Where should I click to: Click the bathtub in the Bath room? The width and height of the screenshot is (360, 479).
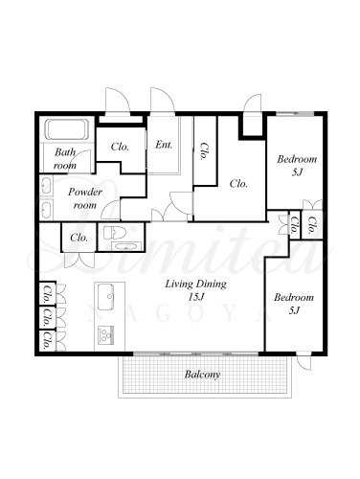[x=67, y=129]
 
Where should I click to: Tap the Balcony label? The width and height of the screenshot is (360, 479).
[x=202, y=375]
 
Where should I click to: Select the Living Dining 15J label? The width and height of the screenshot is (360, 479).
[x=195, y=290]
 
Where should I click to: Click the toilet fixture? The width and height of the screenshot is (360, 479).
[x=114, y=232]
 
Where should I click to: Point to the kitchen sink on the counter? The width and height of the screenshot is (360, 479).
[x=106, y=296]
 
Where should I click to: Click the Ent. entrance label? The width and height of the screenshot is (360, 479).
[x=164, y=145]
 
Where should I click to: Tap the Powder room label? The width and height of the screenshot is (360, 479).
[x=85, y=198]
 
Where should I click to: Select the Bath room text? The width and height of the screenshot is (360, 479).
[x=65, y=158]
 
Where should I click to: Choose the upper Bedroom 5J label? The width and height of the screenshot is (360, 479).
[x=297, y=166]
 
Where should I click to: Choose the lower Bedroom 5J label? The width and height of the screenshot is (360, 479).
[x=294, y=304]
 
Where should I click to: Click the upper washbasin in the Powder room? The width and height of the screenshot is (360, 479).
[x=46, y=186]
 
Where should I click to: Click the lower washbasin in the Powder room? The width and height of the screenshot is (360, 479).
[x=46, y=210]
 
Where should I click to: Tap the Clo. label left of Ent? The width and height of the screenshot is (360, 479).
[x=120, y=147]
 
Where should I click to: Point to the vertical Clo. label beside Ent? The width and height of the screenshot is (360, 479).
[x=203, y=151]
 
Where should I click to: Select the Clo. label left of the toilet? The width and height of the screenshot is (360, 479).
[x=79, y=238]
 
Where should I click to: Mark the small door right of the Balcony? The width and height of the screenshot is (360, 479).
[x=304, y=361]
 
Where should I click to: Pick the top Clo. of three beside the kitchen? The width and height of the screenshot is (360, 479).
[x=48, y=293]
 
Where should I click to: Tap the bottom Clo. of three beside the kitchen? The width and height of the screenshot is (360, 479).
[x=48, y=340]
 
